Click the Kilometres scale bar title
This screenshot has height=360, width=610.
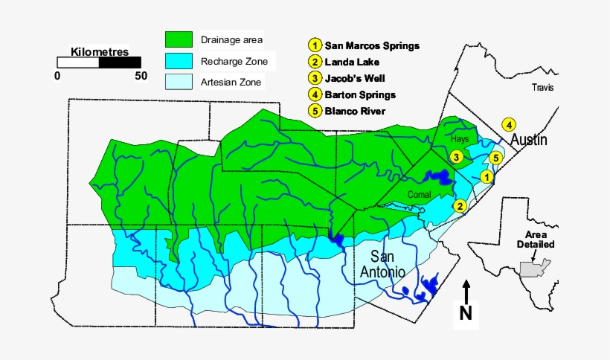pos(100,52)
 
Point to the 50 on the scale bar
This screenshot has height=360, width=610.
pos(141,76)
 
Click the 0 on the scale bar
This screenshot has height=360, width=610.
pos(58,76)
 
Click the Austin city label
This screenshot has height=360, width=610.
pos(528,140)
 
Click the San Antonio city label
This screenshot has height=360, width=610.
pos(382,265)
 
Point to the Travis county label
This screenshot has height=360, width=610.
pos(544,88)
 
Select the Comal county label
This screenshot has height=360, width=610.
pos(420,194)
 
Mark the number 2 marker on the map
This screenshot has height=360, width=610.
pos(460,206)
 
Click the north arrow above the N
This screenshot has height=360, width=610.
pos(466,290)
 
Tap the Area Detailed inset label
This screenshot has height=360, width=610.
pos(536,239)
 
